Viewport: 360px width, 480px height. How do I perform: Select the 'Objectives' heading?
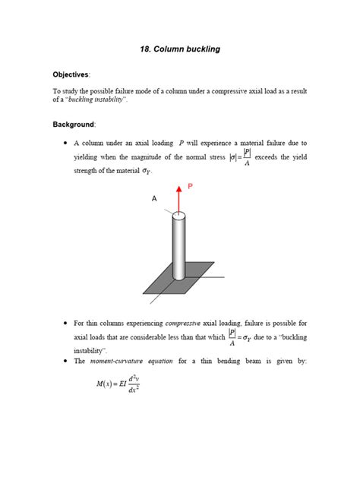[71, 74]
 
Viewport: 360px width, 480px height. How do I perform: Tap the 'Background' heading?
[73, 123]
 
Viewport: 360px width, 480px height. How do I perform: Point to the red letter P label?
[191, 185]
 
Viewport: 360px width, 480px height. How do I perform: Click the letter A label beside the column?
[153, 198]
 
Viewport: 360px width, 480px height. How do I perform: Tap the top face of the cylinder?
[180, 219]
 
